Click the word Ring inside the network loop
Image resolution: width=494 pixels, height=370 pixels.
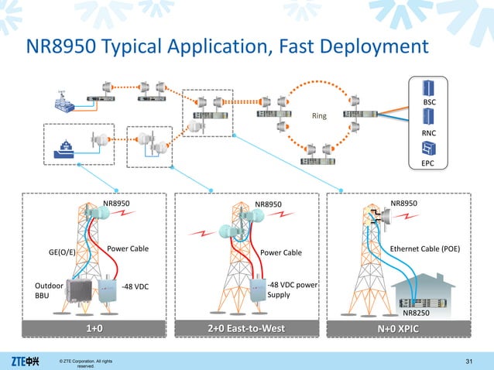320,117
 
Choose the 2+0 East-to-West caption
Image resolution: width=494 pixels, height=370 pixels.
245,329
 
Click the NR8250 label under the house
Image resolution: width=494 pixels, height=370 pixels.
417,313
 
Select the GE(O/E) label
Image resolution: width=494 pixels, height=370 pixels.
62,252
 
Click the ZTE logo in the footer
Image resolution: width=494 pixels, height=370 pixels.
26,360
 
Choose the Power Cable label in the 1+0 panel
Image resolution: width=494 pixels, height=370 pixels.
127,249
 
